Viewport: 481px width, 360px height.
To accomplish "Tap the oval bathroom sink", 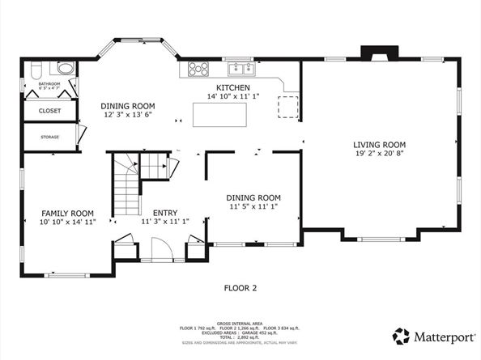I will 66,69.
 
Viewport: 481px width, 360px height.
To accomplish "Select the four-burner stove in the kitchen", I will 198,69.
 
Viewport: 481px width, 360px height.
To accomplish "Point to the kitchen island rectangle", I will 219,114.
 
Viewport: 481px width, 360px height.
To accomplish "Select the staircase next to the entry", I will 126,186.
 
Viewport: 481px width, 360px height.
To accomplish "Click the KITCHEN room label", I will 232,87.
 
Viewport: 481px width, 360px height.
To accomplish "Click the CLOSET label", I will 49,111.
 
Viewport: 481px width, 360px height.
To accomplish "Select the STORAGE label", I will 49,137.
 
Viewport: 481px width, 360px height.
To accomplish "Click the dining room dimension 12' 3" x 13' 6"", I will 127,115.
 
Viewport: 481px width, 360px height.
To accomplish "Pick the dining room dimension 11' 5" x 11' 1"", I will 253,206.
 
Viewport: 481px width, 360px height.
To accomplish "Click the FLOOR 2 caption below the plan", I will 240,287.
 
